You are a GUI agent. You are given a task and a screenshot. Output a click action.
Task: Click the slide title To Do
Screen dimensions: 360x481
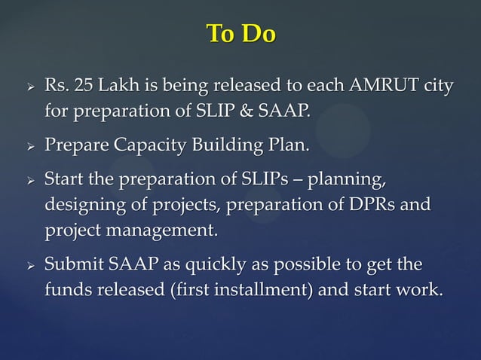coord(240,34)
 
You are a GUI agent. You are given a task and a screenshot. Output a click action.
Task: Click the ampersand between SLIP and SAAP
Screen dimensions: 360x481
coord(249,111)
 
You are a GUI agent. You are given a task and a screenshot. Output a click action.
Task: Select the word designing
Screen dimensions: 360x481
coord(79,206)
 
